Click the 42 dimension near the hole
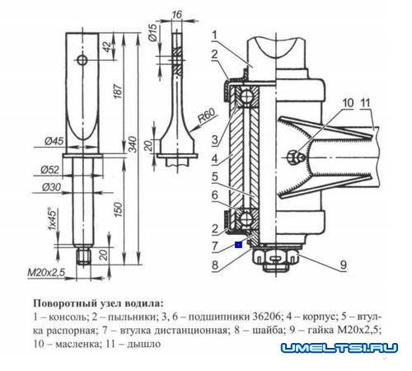pos(108,47)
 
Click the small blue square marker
pos(238,244)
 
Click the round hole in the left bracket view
pos(81,59)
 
